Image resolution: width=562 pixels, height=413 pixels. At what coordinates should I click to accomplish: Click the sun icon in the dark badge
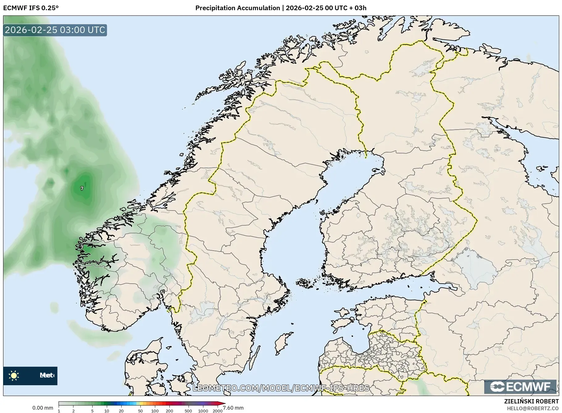14,375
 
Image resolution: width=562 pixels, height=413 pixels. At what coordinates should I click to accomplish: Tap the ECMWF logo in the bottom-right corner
520,387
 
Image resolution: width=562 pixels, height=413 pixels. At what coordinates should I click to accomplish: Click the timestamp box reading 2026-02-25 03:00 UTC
55,30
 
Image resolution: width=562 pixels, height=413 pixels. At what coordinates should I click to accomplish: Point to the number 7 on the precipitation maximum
82,188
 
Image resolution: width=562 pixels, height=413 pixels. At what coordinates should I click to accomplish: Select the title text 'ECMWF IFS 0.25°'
31,8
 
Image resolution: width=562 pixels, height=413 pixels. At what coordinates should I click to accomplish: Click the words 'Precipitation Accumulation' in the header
237,8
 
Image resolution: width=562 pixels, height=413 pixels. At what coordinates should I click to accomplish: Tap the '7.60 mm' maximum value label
233,408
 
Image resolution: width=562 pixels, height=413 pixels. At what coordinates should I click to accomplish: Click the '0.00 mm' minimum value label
43,408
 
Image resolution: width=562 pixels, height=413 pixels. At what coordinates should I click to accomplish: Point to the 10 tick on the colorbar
106,411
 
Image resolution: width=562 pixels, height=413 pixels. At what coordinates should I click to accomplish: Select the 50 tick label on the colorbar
140,411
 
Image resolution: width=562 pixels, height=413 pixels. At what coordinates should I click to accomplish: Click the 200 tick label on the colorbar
169,411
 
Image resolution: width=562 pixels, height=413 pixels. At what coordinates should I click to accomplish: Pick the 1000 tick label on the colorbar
203,411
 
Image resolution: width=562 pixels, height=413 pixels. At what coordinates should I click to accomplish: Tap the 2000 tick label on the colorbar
218,411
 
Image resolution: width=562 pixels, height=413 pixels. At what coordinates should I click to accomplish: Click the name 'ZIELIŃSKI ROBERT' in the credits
531,401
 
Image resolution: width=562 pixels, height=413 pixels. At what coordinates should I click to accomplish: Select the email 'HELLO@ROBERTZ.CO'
533,408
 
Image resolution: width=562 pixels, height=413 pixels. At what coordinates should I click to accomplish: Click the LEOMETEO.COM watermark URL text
281,388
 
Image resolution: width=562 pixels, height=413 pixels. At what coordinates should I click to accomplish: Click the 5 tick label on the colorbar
92,411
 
